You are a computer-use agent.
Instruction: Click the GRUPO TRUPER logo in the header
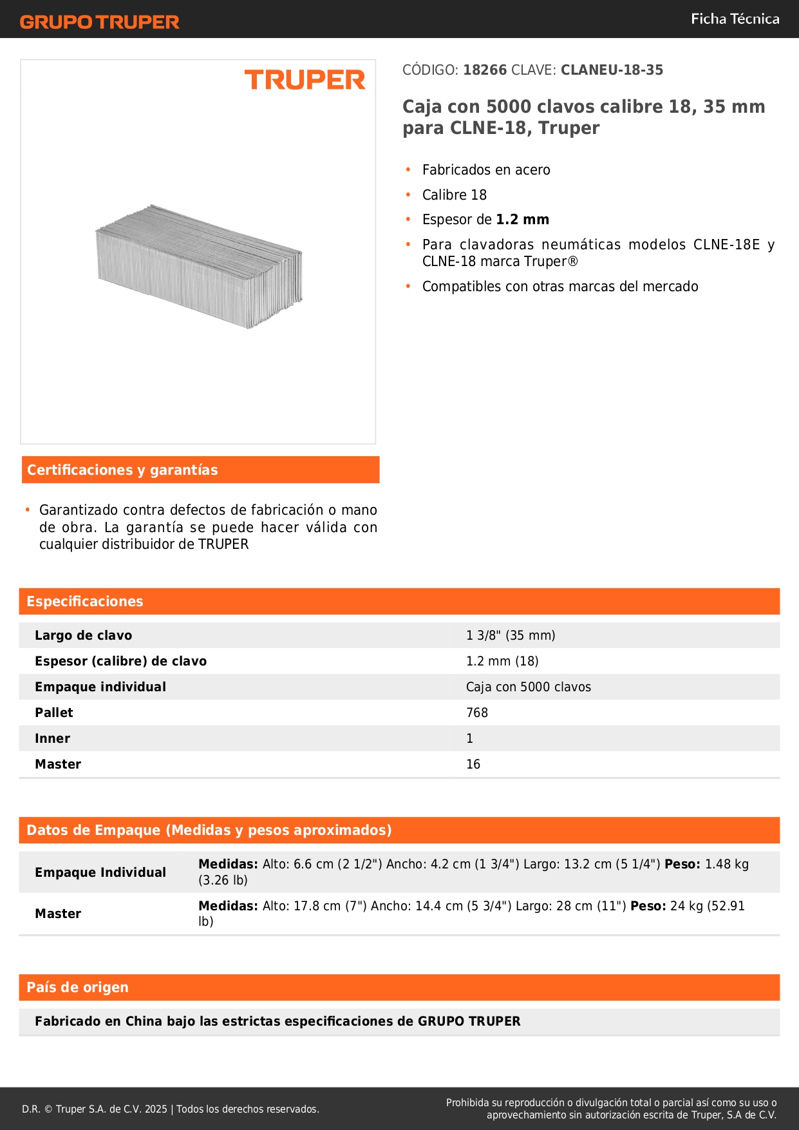coord(99,22)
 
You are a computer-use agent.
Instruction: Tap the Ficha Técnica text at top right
coord(735,19)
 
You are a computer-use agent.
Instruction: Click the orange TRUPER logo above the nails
coord(305,81)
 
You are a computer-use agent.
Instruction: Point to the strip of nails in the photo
coord(199,266)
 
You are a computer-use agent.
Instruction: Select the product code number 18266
coord(485,70)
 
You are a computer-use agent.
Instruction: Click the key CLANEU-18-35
coord(612,70)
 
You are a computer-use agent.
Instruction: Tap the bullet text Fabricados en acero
coord(486,170)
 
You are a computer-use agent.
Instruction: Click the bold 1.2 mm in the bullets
coord(522,220)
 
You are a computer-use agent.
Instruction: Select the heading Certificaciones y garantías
coord(122,470)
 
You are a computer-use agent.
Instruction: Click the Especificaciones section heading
coord(85,602)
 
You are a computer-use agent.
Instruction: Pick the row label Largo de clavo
coord(83,636)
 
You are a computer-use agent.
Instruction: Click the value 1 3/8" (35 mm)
coord(511,636)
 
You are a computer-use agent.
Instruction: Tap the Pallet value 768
coord(477,713)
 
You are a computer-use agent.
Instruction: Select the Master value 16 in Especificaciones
coord(473,765)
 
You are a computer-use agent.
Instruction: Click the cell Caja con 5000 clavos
coord(528,687)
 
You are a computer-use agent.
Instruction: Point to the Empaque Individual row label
coord(100,873)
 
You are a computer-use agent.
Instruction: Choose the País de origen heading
coord(77,988)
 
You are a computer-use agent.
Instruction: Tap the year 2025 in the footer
coord(156,1109)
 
